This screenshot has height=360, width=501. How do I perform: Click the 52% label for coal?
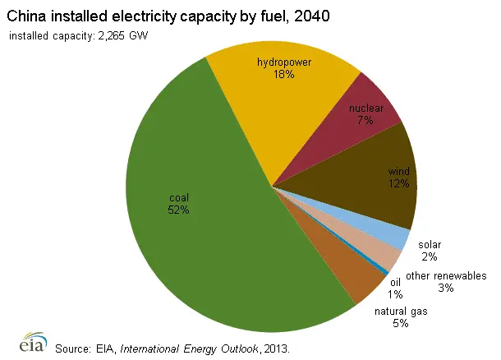[x=179, y=210]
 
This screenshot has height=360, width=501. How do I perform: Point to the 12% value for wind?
[x=399, y=184]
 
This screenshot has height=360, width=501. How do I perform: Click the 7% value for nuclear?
[x=365, y=120]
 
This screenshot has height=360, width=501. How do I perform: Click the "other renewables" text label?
[x=446, y=276]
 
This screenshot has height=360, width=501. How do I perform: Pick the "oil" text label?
[x=395, y=283]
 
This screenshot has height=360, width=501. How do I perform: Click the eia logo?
[x=30, y=343]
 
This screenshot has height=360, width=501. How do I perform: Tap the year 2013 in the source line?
[x=272, y=348]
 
